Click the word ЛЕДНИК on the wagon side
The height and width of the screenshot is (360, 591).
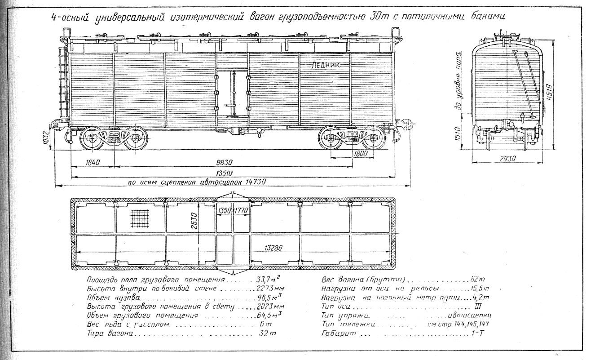pyautogui.click(x=326, y=65)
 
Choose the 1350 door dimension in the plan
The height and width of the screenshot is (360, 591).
pyautogui.click(x=224, y=210)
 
